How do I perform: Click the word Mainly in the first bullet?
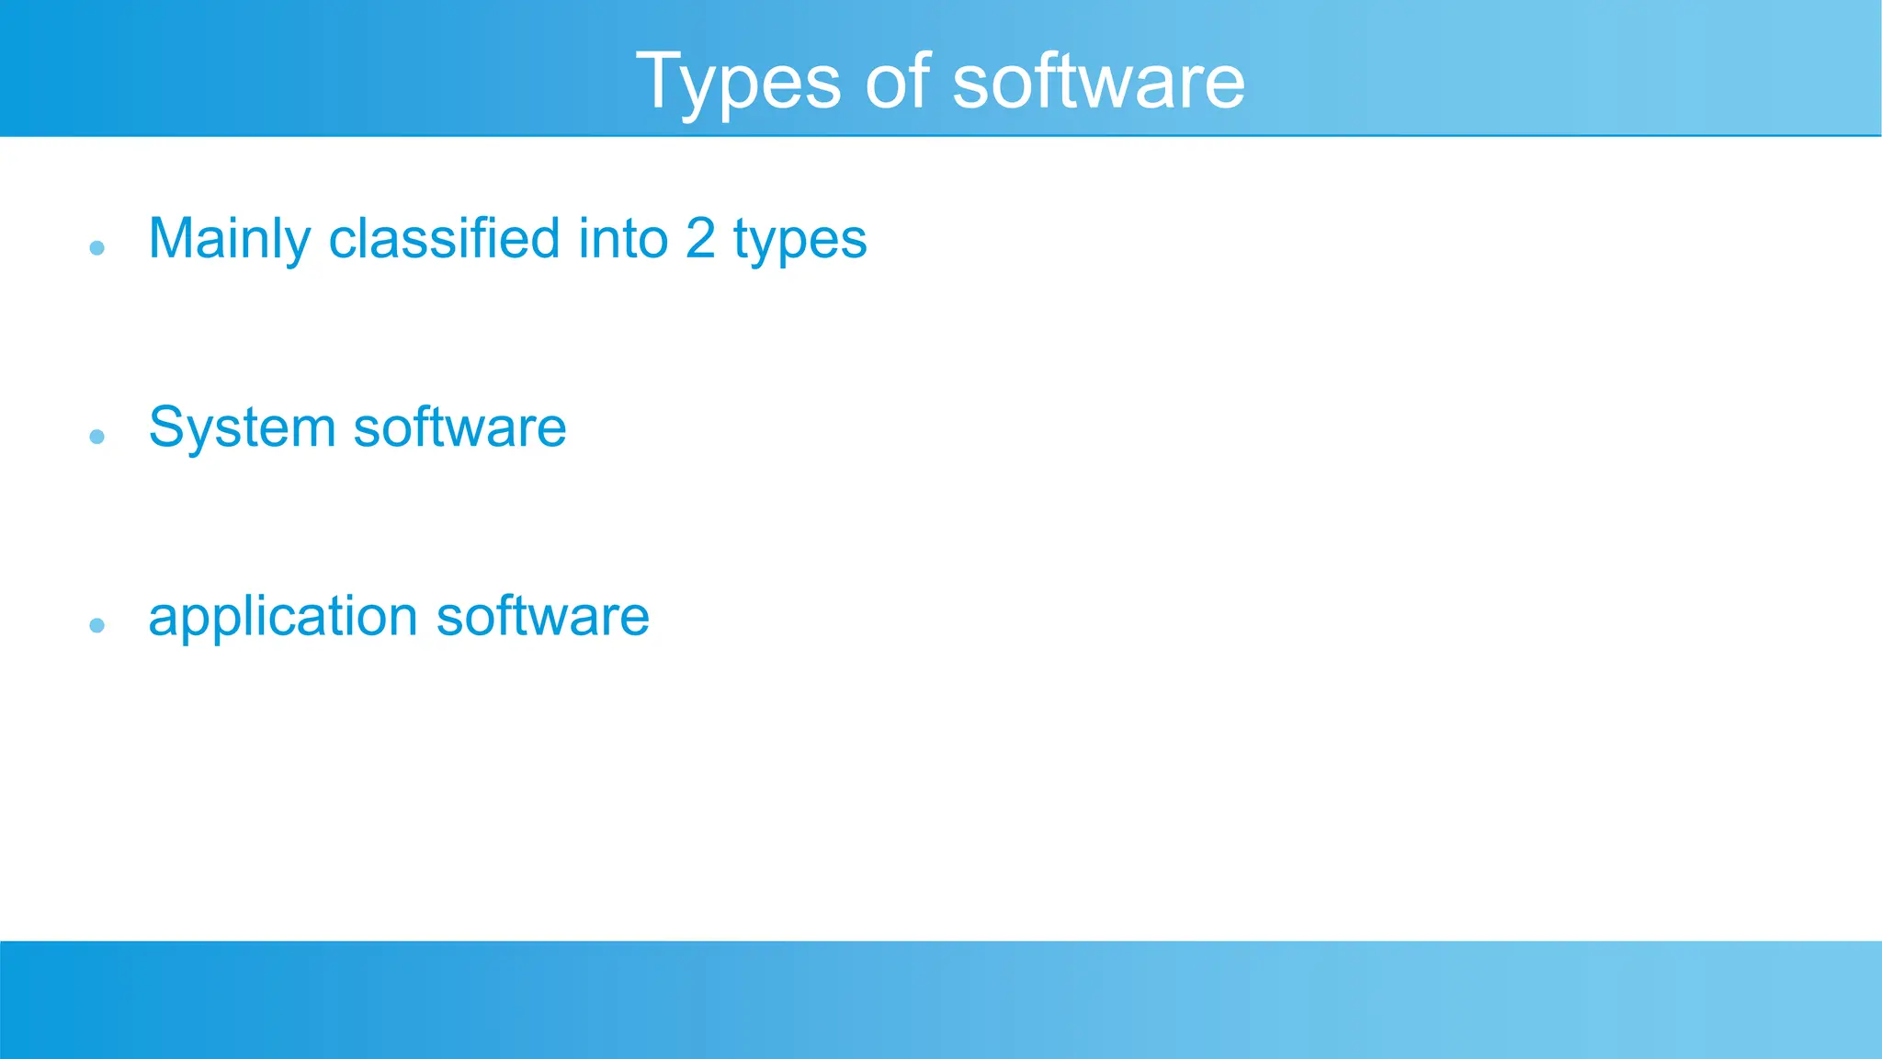click(x=230, y=239)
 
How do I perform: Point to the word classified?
click(x=444, y=238)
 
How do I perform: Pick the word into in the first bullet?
click(x=622, y=238)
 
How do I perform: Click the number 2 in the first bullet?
click(x=700, y=238)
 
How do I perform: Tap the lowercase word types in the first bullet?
click(x=799, y=241)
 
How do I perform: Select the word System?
click(x=242, y=428)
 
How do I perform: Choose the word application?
click(x=283, y=618)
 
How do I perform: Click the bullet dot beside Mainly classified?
click(x=97, y=247)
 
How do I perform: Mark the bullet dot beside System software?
click(x=97, y=436)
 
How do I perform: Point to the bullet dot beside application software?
click(x=97, y=625)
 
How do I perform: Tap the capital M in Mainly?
click(x=171, y=238)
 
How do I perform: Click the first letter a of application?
click(x=163, y=618)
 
